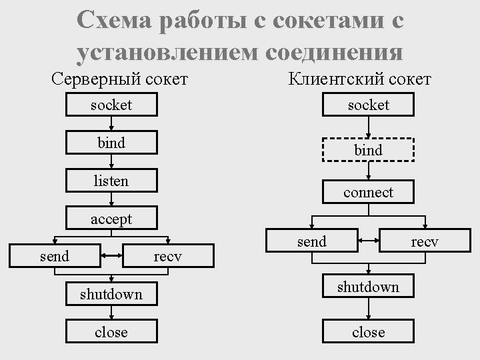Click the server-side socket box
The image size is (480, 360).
coord(111,105)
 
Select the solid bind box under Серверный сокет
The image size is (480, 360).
coord(111,143)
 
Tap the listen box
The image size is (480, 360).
coord(111,181)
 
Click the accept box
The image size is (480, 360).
coord(111,219)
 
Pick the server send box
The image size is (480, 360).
coord(55,255)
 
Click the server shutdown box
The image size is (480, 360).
coord(111,294)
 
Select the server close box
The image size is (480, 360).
coord(111,331)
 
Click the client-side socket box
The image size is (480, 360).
coord(369,105)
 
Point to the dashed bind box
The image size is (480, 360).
coord(369,150)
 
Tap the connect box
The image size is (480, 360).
coord(369,192)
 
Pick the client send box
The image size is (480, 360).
coord(312,241)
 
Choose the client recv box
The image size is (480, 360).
coord(425,241)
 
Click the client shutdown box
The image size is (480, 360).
coord(369,287)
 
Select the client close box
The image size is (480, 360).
coord(369,331)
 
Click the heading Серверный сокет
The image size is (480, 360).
coord(120,79)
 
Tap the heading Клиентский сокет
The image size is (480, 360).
coord(360,79)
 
